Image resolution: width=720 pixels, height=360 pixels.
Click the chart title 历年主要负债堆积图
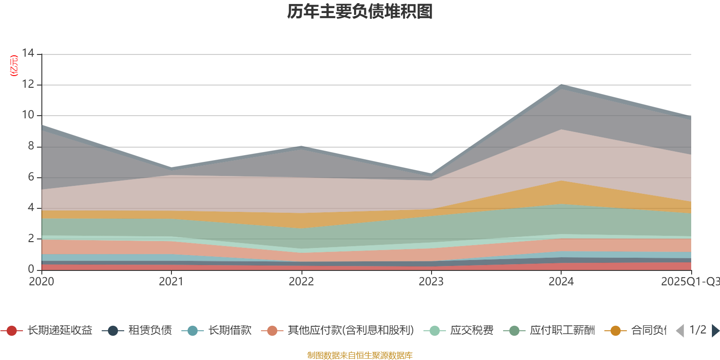360,12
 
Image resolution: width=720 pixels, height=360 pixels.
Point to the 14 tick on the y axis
28,53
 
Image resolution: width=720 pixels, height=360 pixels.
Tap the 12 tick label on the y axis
28,84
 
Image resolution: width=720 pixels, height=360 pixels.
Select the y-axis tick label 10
28,115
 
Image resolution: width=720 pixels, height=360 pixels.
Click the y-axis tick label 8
31,146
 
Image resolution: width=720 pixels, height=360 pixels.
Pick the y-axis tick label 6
31,177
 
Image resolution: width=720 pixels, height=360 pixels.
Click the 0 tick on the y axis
31,269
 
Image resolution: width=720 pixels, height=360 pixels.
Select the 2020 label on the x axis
41,282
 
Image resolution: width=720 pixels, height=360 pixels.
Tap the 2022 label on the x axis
301,282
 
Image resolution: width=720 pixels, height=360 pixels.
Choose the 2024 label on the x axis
561,282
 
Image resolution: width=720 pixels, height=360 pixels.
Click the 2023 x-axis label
431,282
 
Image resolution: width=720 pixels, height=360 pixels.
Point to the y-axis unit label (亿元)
14,66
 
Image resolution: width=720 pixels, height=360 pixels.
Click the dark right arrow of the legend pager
715,331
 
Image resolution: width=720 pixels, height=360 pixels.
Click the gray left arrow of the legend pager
680,331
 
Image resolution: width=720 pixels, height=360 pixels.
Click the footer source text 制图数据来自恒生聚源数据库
360,355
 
